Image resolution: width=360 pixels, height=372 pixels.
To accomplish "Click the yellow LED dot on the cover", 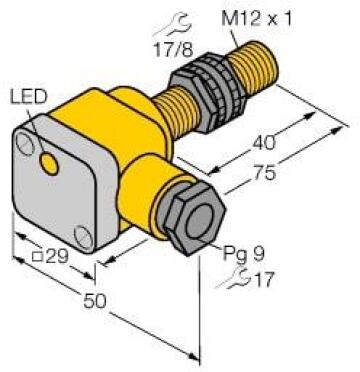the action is click(49, 162).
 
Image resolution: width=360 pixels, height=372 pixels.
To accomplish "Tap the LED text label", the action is click(29, 96).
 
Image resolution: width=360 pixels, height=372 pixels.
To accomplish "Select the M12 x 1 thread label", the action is click(256, 19).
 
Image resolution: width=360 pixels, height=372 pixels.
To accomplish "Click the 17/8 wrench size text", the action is click(173, 50).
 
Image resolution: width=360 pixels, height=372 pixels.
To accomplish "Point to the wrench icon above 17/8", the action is click(173, 26).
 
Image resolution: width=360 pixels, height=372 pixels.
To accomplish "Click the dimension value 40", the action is click(264, 143).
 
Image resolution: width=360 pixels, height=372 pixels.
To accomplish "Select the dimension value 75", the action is click(265, 173).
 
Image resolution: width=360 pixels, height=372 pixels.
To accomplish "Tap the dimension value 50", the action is click(95, 301).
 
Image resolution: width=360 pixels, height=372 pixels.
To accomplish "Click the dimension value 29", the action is click(57, 257).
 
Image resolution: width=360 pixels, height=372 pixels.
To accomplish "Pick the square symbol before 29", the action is click(38, 257).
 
